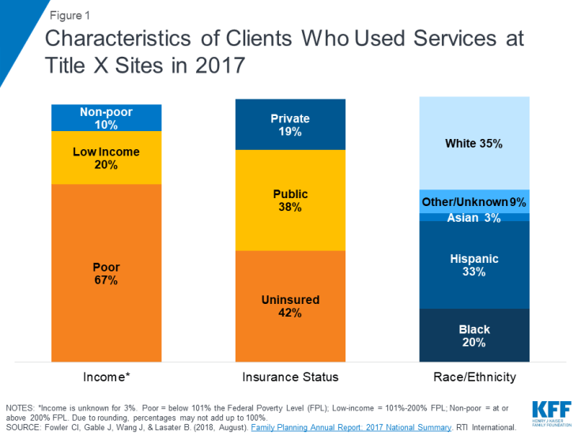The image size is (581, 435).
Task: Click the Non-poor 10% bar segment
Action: click(x=106, y=118)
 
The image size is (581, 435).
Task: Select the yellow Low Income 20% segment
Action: click(x=106, y=158)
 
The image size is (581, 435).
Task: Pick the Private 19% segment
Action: click(x=290, y=125)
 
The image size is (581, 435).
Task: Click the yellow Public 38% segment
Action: click(x=290, y=200)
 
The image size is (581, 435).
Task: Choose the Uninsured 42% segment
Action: click(x=290, y=306)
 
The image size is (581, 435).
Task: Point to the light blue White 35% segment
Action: click(x=474, y=143)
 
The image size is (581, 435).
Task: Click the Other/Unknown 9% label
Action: click(x=474, y=202)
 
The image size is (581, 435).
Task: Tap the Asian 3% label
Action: click(x=474, y=217)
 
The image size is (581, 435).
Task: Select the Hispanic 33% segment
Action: click(x=474, y=264)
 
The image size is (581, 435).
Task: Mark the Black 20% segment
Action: click(x=474, y=336)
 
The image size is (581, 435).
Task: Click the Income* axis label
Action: click(x=106, y=377)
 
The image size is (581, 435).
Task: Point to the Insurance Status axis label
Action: click(x=290, y=377)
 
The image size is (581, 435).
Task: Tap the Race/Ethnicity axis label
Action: click(x=474, y=377)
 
